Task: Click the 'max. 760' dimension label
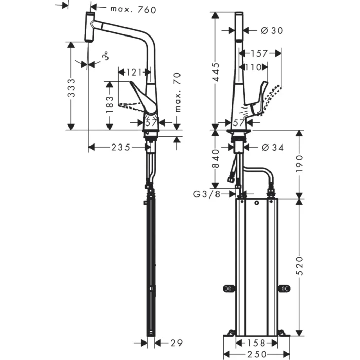coord(132,9)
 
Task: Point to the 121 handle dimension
coord(134,72)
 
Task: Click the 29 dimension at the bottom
coord(176,343)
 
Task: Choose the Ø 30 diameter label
coord(271,31)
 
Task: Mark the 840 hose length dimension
coord(216,158)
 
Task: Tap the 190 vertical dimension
coord(299,164)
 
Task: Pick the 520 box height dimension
coord(299,265)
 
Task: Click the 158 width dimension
coord(256,343)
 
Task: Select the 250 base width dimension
coord(256,354)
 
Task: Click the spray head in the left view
coord(89,29)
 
